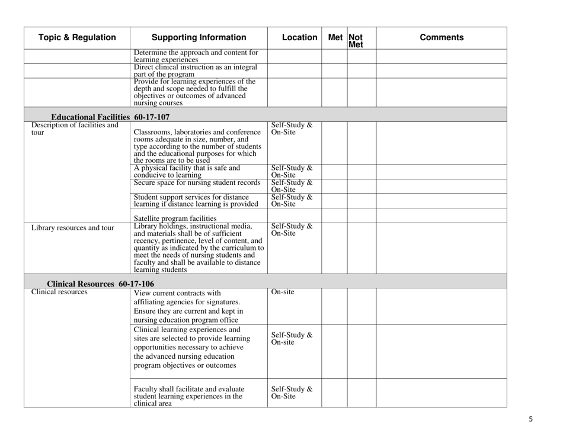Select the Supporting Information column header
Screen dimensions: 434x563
[x=198, y=38]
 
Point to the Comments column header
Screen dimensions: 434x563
[x=442, y=38]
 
